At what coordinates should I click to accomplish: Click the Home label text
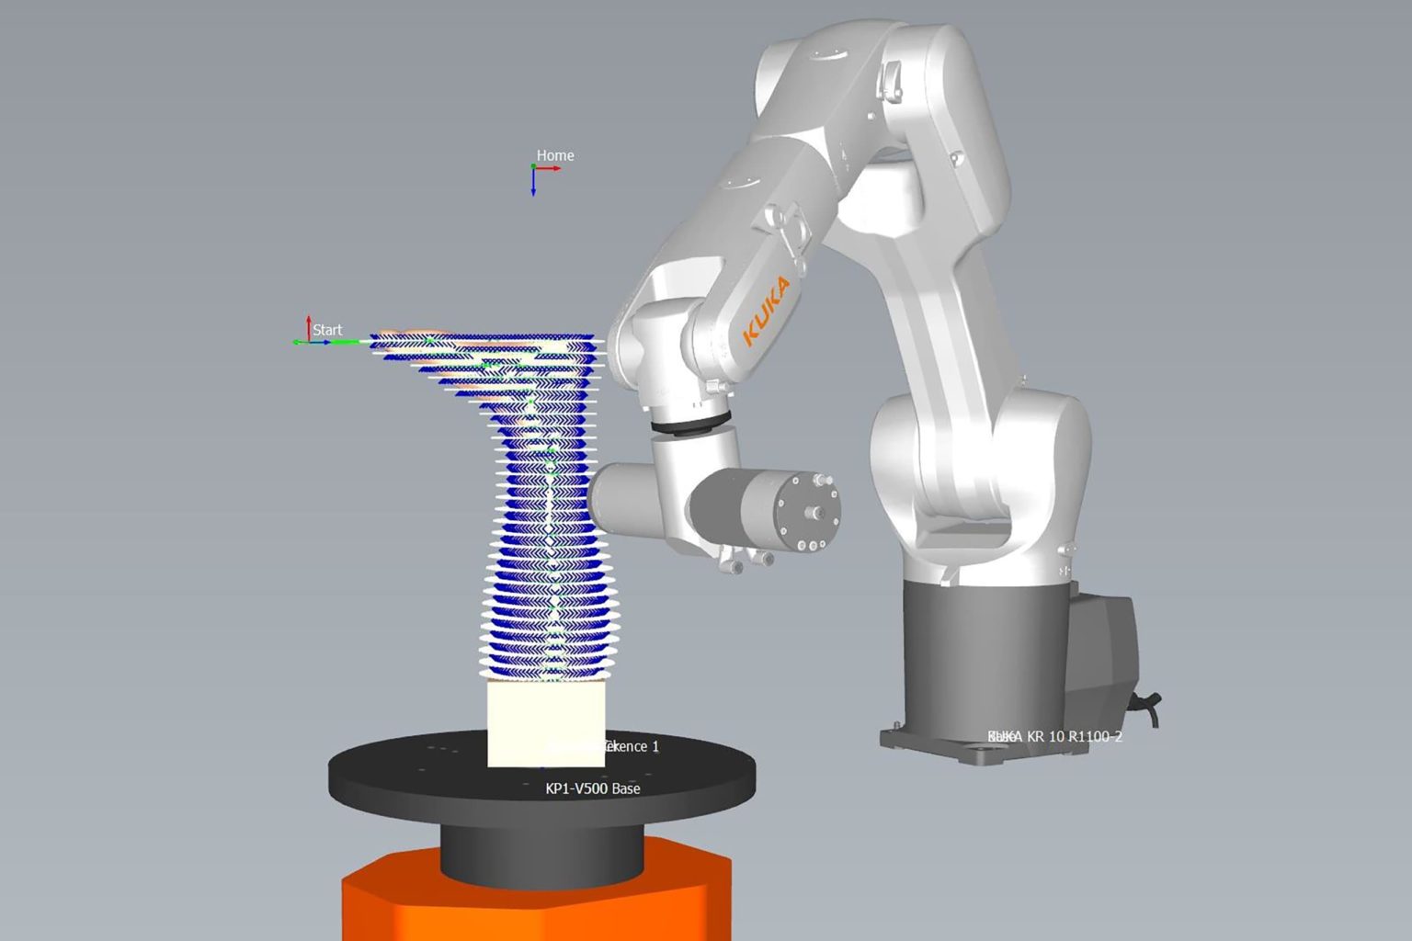point(555,155)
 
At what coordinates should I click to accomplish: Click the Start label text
point(327,330)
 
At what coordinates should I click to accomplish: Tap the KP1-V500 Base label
point(593,788)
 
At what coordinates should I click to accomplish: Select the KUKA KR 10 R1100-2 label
point(1055,736)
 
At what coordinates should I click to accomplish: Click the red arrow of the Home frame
point(550,168)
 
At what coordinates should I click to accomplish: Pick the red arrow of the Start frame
point(309,326)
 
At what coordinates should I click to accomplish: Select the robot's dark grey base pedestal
point(984,643)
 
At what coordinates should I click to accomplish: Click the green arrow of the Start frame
point(300,342)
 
